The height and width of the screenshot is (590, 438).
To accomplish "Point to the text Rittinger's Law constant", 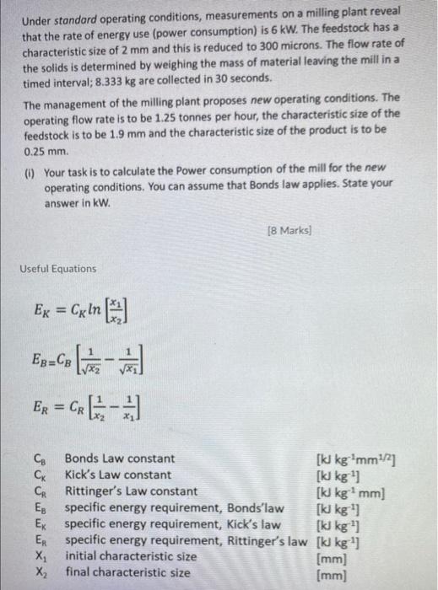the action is [132, 491].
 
